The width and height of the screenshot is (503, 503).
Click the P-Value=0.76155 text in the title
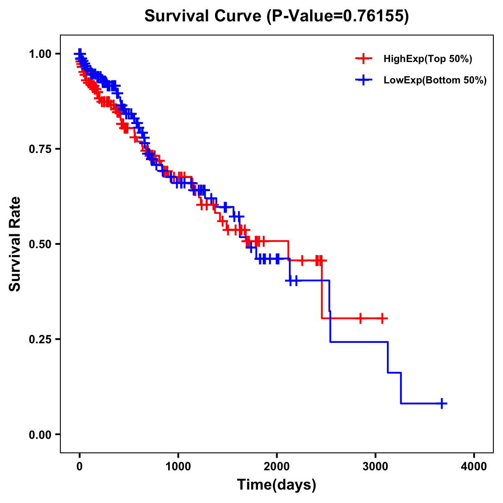point(339,16)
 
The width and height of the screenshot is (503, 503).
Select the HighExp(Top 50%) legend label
point(428,59)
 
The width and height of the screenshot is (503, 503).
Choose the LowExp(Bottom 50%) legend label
point(435,80)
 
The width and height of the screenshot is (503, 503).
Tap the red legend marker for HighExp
point(363,59)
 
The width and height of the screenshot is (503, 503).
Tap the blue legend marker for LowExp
point(363,80)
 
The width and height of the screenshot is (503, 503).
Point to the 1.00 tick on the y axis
point(40,54)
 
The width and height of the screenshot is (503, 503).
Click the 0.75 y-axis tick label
point(40,149)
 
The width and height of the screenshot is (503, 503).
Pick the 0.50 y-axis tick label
point(40,244)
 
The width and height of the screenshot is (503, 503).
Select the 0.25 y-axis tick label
point(40,340)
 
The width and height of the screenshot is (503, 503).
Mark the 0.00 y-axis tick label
point(40,435)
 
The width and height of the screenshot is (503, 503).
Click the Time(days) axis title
point(276,485)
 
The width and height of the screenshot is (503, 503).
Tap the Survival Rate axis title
point(15,244)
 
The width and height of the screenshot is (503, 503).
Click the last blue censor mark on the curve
point(441,403)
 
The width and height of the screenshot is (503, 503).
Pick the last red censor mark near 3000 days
point(382,318)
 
